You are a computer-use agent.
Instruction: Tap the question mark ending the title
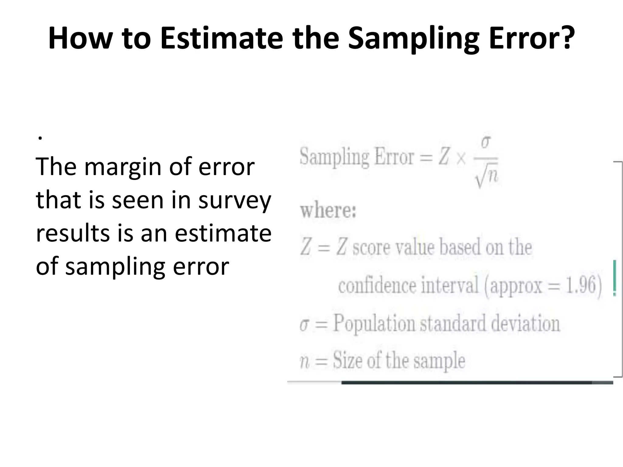[566, 37]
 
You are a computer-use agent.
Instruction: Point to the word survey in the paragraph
[235, 201]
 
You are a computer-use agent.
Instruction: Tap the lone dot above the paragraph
[40, 138]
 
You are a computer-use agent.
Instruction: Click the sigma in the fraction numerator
[486, 142]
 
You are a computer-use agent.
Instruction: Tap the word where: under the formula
[328, 210]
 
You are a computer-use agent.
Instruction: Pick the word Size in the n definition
[348, 360]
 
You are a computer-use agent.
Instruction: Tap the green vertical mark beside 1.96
[614, 278]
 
